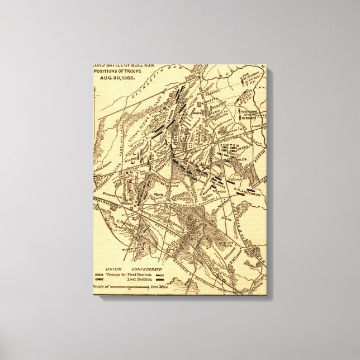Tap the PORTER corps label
point(229,145)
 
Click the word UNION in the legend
point(116,269)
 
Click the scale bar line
point(128,286)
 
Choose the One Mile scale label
point(160,286)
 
